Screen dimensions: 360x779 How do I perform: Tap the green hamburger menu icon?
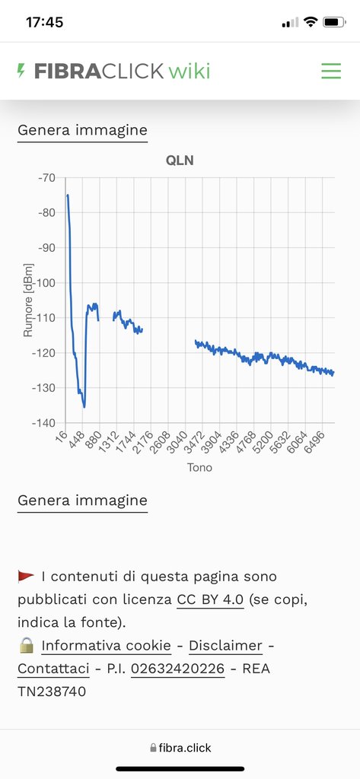(x=330, y=71)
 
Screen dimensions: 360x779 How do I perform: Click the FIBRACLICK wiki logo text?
(x=123, y=71)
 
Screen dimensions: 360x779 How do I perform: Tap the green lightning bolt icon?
(x=21, y=71)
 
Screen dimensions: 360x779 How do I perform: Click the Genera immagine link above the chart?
(x=82, y=130)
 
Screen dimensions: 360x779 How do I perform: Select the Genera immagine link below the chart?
(x=82, y=501)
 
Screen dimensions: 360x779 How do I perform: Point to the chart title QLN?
(x=180, y=161)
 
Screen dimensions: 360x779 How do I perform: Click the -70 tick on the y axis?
(x=48, y=177)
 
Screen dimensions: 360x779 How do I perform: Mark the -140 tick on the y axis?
(x=45, y=423)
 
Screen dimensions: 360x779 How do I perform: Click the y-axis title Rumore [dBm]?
(x=28, y=300)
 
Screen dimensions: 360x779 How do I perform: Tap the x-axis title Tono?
(x=199, y=468)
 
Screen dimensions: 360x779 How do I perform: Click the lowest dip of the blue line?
(x=84, y=407)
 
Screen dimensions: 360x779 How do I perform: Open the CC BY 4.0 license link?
(x=210, y=599)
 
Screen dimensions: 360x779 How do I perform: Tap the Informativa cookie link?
(x=106, y=645)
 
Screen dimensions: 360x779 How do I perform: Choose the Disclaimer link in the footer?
(x=225, y=645)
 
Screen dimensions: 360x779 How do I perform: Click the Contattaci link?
(x=53, y=668)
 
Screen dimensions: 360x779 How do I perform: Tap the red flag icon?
(x=26, y=577)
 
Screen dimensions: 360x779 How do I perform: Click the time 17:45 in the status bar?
(x=44, y=22)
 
